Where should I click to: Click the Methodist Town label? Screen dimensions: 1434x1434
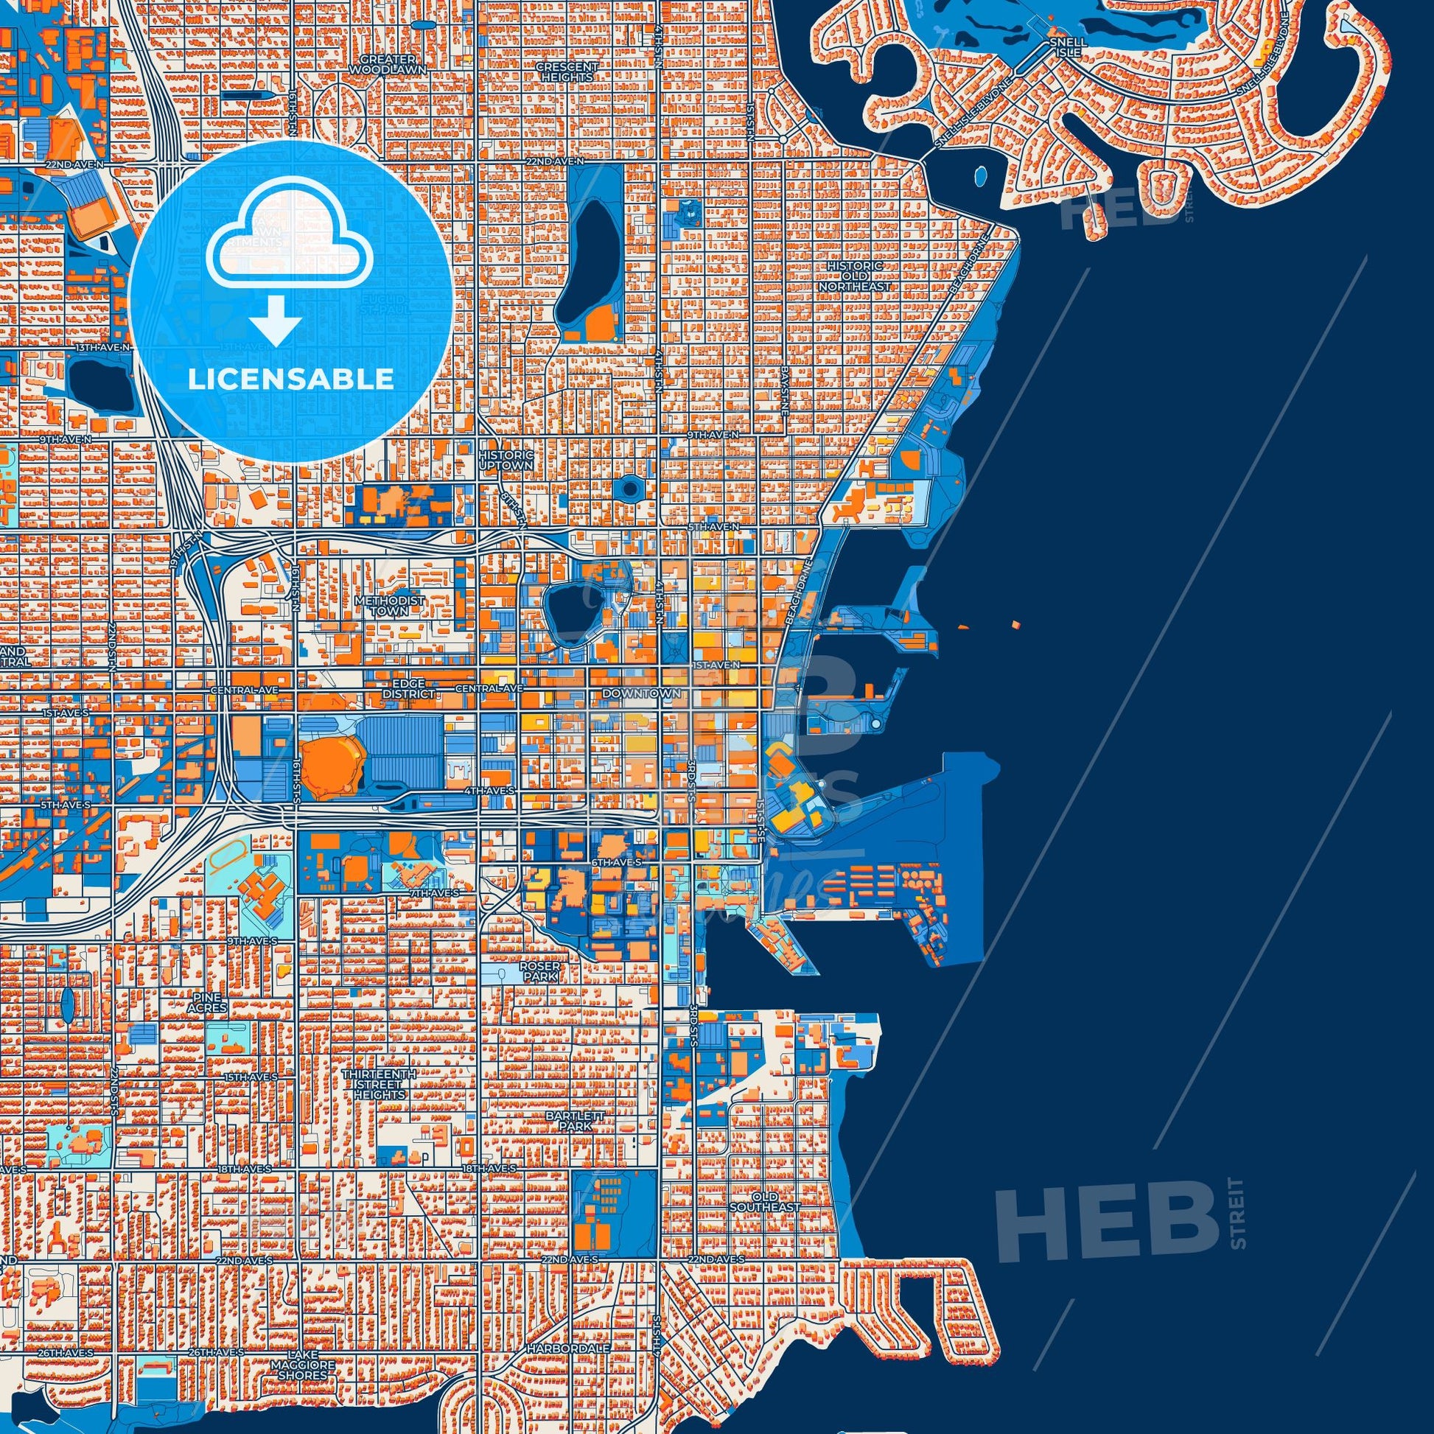click(401, 605)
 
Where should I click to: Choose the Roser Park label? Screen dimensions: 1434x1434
click(540, 972)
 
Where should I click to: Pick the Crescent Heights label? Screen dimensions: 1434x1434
click(567, 71)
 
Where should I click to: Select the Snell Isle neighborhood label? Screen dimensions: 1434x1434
click(1068, 48)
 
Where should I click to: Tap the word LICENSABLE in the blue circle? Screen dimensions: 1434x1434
click(290, 380)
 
